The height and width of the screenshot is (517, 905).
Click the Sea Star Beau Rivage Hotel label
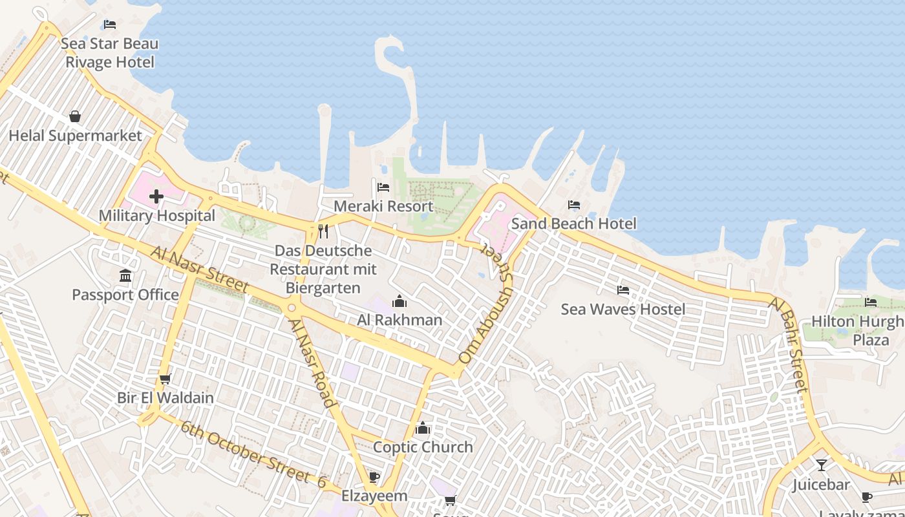click(x=110, y=53)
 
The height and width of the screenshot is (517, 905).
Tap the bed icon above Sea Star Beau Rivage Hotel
click(x=110, y=25)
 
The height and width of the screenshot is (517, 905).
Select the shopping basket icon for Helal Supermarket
click(x=75, y=116)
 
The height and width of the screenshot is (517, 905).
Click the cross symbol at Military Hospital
click(x=156, y=196)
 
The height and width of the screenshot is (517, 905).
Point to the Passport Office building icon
click(x=125, y=276)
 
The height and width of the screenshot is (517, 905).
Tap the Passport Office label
click(x=125, y=295)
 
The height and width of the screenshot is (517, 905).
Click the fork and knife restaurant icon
click(x=323, y=231)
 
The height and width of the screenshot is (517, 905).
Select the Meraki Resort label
click(x=383, y=207)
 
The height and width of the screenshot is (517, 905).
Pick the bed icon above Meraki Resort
click(x=383, y=187)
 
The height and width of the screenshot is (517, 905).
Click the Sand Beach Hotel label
click(x=574, y=224)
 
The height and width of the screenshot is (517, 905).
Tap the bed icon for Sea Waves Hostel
click(x=623, y=290)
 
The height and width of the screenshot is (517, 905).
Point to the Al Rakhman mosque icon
click(x=399, y=301)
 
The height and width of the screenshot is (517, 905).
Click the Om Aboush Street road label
click(x=485, y=316)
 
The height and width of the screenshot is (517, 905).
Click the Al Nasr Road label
click(x=313, y=362)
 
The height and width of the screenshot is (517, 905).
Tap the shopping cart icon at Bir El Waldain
click(x=165, y=379)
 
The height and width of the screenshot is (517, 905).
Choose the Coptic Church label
click(x=423, y=447)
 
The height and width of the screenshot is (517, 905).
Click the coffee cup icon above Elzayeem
click(x=374, y=477)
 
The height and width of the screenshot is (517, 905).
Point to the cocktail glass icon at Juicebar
click(x=821, y=465)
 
